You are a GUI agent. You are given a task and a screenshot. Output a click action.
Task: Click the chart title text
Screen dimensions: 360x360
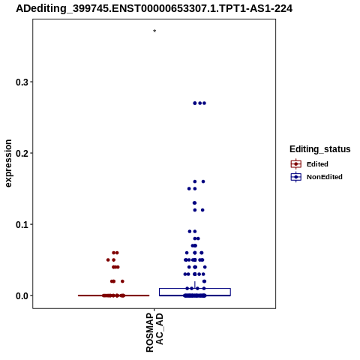(154, 8)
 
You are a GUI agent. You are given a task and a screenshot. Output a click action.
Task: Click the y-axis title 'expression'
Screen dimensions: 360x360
(8, 163)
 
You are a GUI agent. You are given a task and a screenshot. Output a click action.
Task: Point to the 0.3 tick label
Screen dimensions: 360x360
(22, 82)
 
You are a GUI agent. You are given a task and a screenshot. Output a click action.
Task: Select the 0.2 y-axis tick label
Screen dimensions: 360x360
(22, 153)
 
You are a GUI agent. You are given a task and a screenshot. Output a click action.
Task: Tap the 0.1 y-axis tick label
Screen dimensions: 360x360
(22, 224)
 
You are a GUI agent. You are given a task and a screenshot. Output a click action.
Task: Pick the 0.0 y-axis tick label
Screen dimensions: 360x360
(22, 295)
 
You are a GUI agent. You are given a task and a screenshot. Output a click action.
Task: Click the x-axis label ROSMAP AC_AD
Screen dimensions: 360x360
(154, 332)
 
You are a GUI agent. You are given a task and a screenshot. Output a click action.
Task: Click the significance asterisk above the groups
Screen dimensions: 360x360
(154, 31)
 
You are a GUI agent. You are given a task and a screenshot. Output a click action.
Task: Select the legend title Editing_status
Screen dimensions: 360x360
(320, 149)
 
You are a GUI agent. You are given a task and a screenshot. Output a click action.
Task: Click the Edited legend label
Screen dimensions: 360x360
(317, 164)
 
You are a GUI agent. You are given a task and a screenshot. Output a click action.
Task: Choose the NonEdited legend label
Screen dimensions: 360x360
(325, 177)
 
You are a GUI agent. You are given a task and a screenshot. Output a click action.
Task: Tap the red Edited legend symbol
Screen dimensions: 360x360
(296, 164)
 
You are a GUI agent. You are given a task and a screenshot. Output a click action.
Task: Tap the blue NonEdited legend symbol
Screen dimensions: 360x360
(296, 177)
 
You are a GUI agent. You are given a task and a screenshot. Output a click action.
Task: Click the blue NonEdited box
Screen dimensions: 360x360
(195, 289)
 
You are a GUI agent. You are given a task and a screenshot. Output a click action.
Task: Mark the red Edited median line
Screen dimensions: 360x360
(114, 295)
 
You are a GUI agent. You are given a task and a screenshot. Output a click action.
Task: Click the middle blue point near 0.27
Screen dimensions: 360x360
(200, 103)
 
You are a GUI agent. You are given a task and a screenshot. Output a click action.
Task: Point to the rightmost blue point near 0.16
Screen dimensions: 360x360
(203, 181)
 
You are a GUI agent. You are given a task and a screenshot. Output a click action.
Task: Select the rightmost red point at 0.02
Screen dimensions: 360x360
(122, 281)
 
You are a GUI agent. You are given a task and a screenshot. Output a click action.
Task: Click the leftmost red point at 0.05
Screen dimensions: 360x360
(108, 260)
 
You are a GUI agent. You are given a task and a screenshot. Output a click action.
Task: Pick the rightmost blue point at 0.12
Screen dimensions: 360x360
(202, 210)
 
